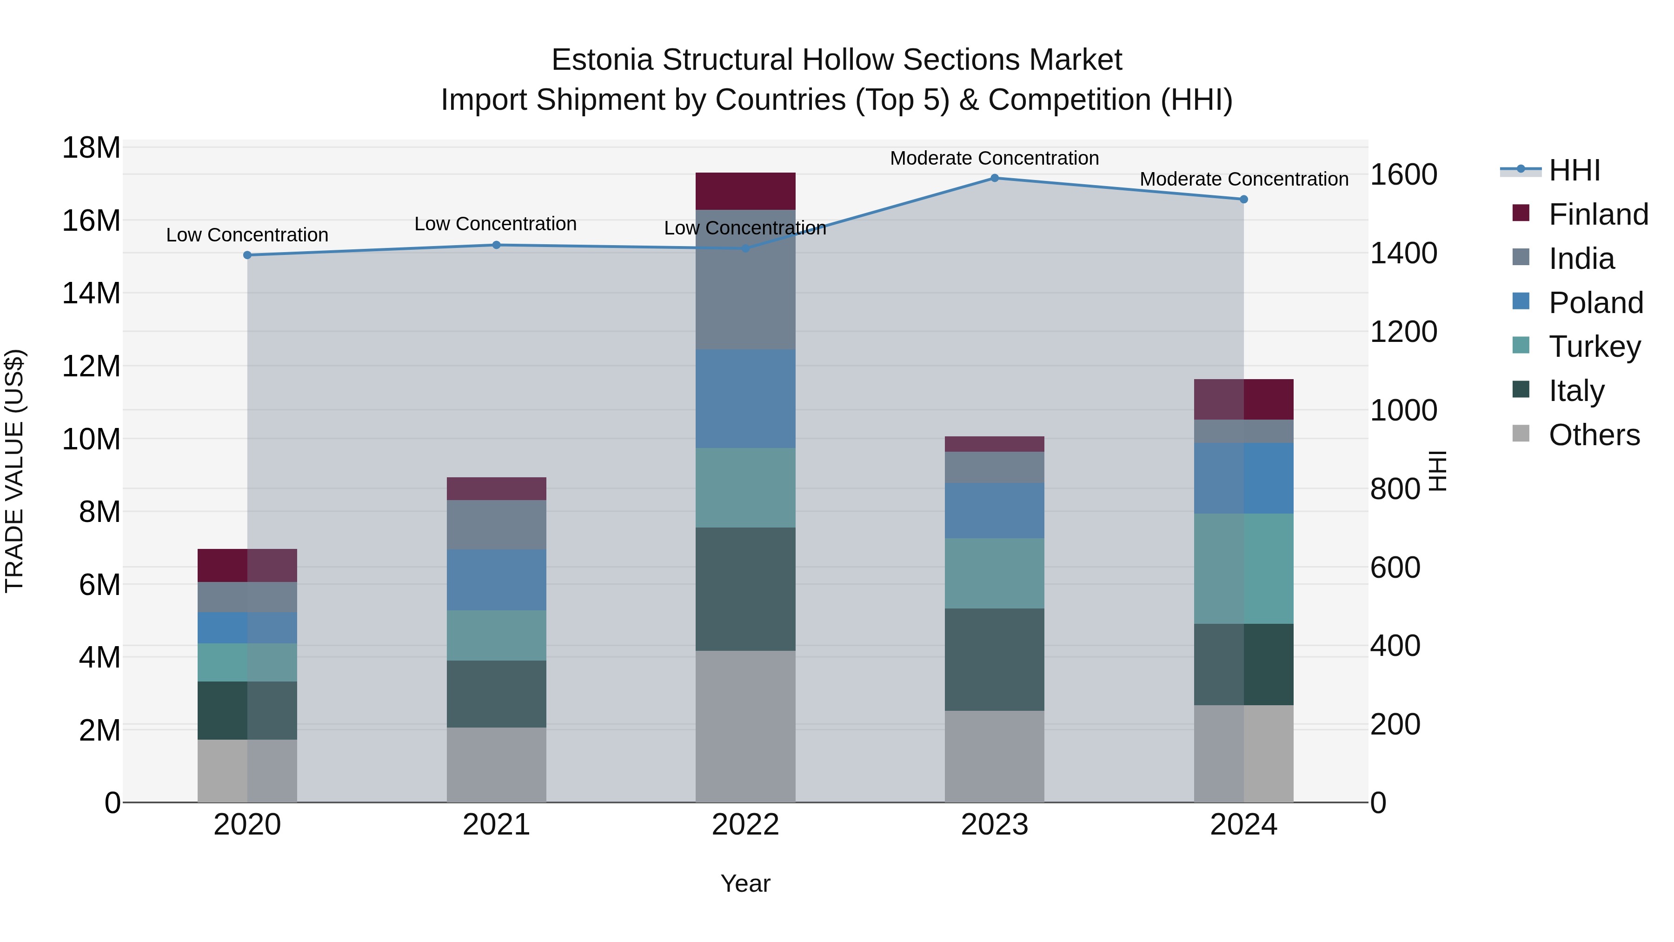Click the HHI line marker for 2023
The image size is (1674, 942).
coord(994,178)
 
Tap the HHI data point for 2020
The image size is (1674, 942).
coord(247,255)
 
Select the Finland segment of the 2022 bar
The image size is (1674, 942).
coord(745,191)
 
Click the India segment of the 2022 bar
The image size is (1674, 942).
coord(745,280)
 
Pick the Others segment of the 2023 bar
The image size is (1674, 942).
coord(994,756)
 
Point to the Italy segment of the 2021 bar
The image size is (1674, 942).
coord(497,694)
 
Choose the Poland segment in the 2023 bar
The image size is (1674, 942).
coord(994,510)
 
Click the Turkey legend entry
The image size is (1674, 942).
coord(1594,347)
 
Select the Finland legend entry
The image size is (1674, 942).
coord(1598,214)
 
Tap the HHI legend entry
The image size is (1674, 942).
coord(1574,170)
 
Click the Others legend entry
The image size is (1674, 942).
coord(1594,435)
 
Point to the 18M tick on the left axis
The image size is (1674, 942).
coord(91,147)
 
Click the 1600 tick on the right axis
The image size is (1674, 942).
coord(1404,174)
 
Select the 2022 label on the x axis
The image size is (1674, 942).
coord(745,825)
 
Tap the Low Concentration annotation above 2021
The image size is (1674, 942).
coord(495,224)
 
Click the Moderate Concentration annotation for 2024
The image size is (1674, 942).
coord(1244,179)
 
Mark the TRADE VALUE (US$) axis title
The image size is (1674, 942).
coord(15,471)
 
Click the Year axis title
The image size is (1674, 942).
coord(745,883)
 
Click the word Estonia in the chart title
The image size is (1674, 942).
coord(602,60)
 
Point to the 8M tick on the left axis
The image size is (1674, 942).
coord(100,512)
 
